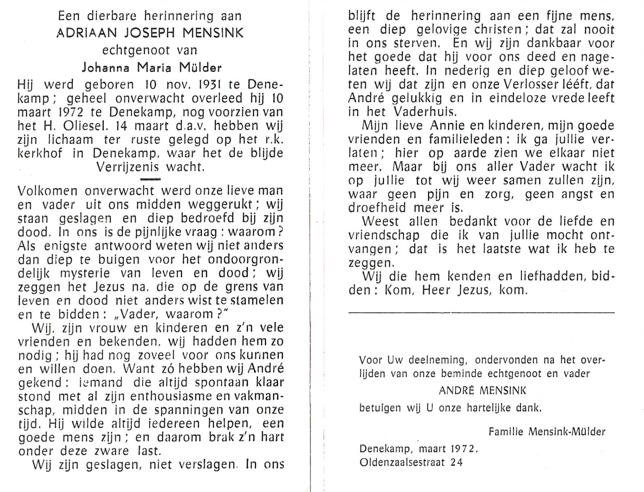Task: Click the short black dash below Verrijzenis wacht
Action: pyautogui.click(x=150, y=179)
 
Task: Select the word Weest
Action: pyautogui.click(x=380, y=221)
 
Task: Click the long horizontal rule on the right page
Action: pyautogui.click(x=481, y=313)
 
